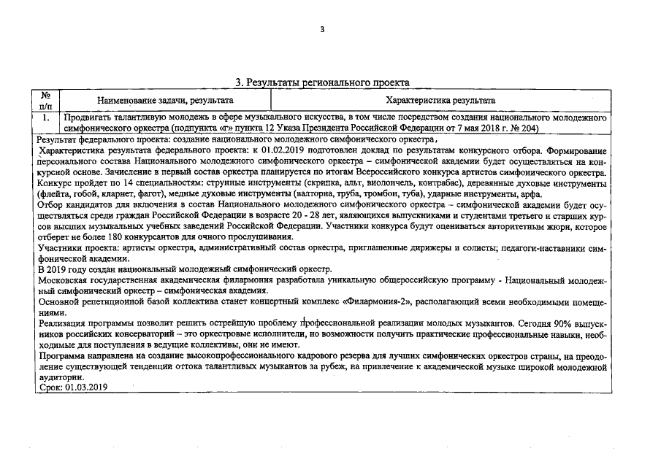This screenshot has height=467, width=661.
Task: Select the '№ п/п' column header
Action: pos(45,100)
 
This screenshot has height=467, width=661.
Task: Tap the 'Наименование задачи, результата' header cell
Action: pos(165,101)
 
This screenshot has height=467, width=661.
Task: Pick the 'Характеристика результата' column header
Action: pos(441,101)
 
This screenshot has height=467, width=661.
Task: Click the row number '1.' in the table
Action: pos(45,117)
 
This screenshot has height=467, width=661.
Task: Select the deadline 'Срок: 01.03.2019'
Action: pos(72,388)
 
